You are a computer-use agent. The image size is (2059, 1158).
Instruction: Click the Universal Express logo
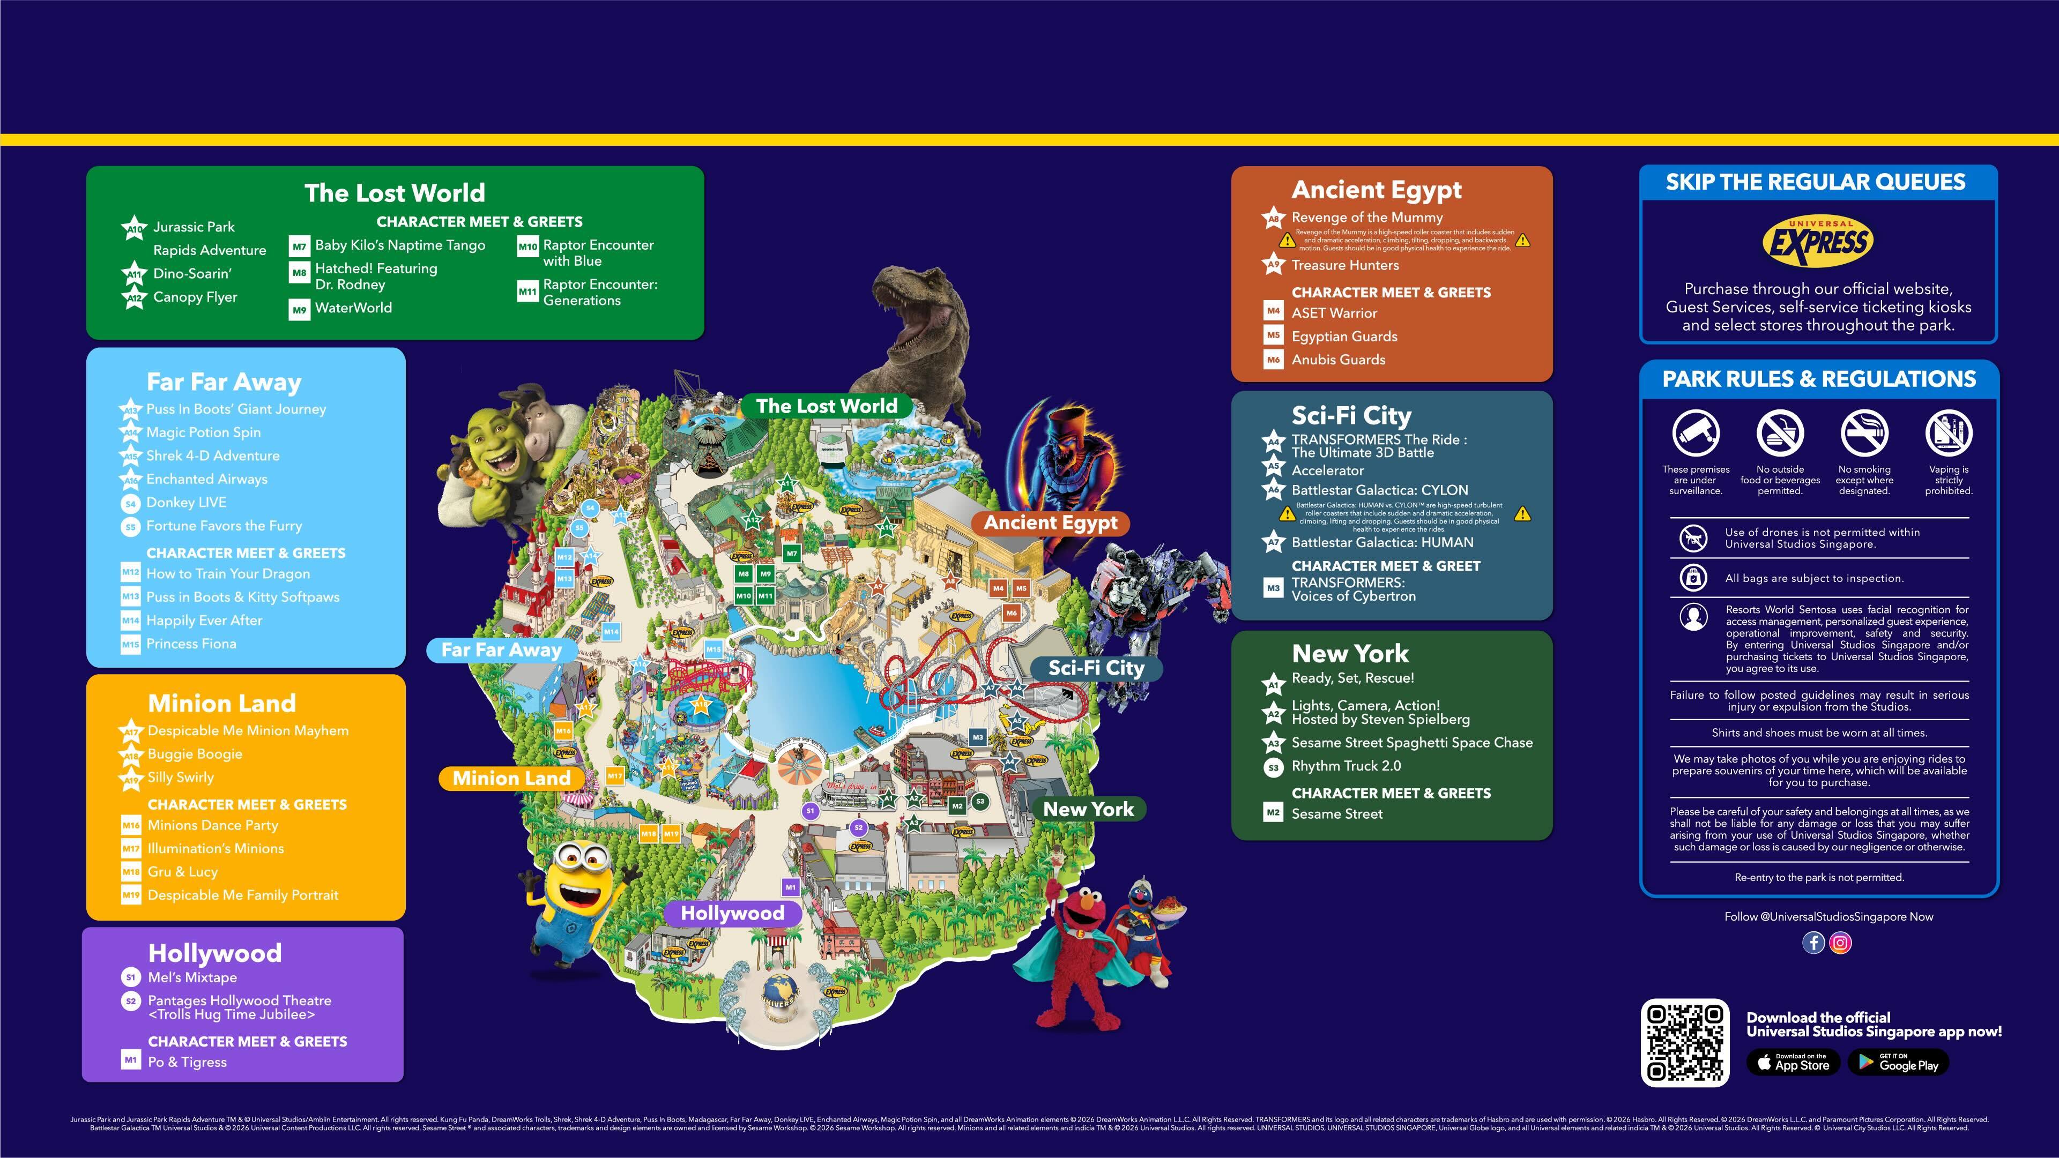tap(1818, 241)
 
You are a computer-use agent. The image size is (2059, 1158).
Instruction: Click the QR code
tap(1684, 1042)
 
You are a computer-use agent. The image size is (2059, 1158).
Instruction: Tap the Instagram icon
tap(1840, 943)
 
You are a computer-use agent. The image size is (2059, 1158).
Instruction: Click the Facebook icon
tap(1813, 943)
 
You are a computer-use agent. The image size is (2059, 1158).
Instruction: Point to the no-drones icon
tap(1692, 538)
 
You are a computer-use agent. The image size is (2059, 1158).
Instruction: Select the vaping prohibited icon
tap(1948, 432)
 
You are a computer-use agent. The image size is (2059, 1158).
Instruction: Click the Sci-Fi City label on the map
tap(1096, 668)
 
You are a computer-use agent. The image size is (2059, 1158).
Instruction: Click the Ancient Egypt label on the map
tap(1050, 522)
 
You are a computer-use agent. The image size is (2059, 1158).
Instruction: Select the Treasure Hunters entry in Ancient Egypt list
tap(1344, 265)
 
